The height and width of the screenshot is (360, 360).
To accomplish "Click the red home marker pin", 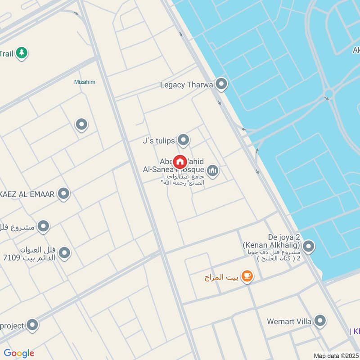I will [x=180, y=162].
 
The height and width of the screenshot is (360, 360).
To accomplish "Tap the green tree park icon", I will [x=21, y=53].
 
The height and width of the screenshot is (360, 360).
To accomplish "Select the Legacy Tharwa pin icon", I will [x=221, y=84].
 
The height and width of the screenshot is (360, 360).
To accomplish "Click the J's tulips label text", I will [x=158, y=141].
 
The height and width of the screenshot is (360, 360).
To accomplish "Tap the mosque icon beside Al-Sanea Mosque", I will [x=212, y=171].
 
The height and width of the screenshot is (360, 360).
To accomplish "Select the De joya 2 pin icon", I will [x=308, y=246].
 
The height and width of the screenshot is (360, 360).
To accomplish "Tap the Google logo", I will [x=19, y=353].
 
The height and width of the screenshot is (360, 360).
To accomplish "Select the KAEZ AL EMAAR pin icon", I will [x=64, y=194].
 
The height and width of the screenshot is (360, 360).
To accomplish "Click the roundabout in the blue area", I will [x=328, y=94].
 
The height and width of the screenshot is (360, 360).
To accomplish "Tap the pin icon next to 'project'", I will [x=32, y=324].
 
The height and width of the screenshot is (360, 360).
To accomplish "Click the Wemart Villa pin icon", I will [x=320, y=321].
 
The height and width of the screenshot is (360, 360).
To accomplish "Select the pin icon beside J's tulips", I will [x=183, y=140].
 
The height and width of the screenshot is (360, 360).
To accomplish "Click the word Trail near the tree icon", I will [x=6, y=54].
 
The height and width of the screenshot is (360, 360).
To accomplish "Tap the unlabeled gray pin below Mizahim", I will [x=81, y=124].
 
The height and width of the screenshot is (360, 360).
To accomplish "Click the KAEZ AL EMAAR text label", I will [x=27, y=194].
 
